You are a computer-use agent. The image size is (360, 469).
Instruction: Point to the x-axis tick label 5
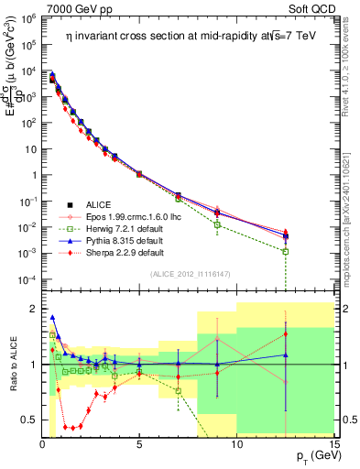click(139, 444)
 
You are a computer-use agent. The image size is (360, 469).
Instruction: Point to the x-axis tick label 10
click(236, 444)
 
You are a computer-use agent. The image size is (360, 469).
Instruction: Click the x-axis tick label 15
click(333, 444)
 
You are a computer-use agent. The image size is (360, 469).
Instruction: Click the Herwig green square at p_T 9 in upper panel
click(217, 224)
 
